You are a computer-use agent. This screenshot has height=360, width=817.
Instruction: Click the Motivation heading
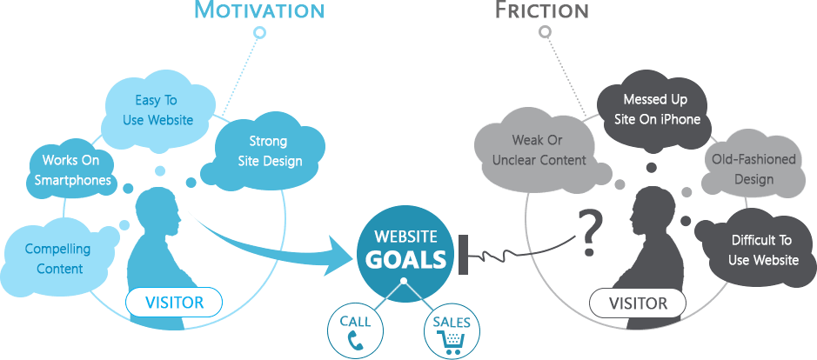(x=259, y=10)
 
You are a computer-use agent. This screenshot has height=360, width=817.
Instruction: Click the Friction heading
(x=542, y=10)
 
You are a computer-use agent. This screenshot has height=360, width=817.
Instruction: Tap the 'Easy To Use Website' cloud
(x=157, y=110)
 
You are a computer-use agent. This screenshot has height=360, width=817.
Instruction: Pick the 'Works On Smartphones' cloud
(x=70, y=170)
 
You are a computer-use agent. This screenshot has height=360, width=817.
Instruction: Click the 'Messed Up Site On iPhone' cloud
(x=655, y=110)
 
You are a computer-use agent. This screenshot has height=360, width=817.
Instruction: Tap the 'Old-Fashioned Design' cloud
(x=753, y=170)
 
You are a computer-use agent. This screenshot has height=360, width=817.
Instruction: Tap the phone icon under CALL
(x=355, y=340)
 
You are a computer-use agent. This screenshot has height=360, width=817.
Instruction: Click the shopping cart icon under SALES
(x=452, y=341)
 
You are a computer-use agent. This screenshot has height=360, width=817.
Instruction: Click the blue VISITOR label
(x=174, y=302)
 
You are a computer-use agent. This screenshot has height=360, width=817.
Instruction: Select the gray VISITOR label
(x=638, y=302)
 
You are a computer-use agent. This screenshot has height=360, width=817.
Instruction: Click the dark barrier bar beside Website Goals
(x=463, y=254)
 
